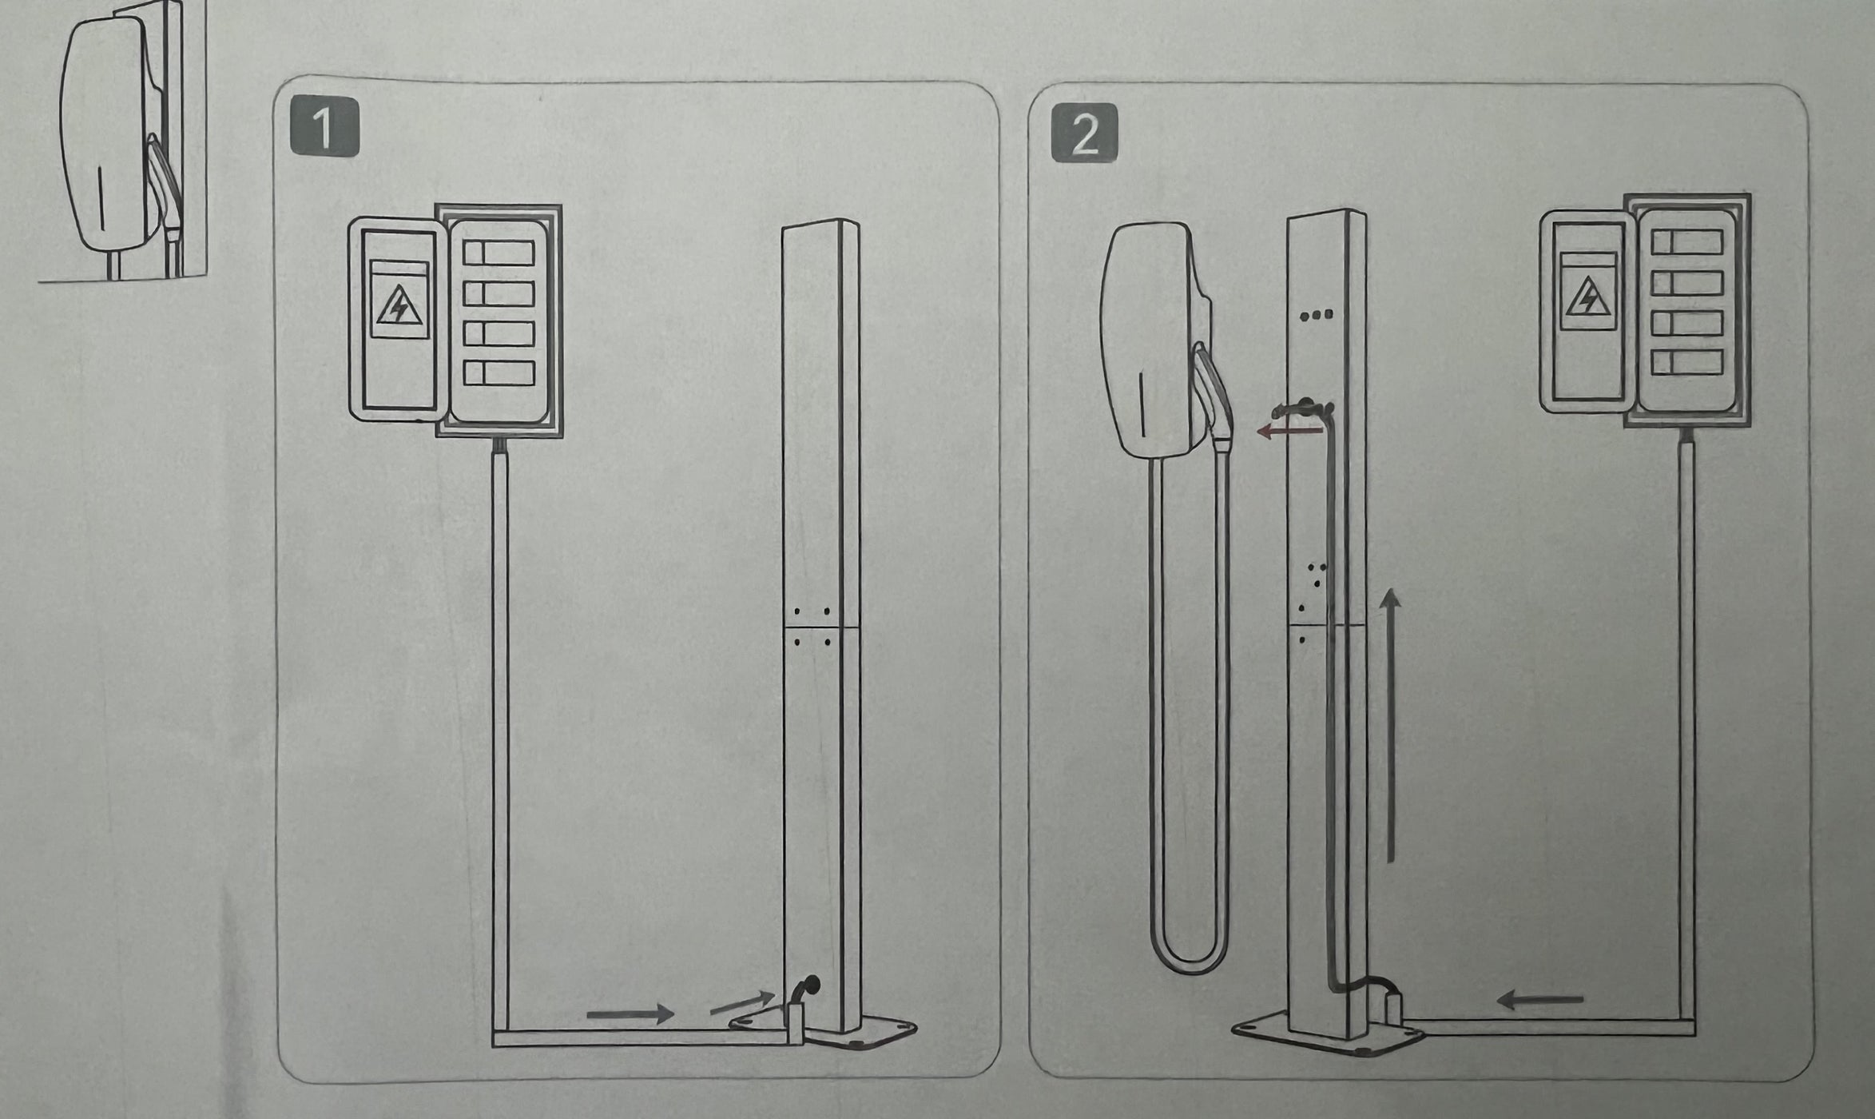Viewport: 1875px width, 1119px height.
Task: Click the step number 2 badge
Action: pyautogui.click(x=1084, y=134)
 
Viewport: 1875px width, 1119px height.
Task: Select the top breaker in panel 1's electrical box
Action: pyautogui.click(x=499, y=253)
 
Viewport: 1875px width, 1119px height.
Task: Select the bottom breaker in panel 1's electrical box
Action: pyautogui.click(x=499, y=373)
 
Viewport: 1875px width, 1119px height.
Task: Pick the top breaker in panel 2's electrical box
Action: pyautogui.click(x=1686, y=241)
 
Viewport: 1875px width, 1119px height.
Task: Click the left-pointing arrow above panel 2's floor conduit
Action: pyautogui.click(x=1539, y=999)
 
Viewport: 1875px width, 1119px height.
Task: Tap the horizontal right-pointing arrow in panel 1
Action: pyautogui.click(x=631, y=1014)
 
